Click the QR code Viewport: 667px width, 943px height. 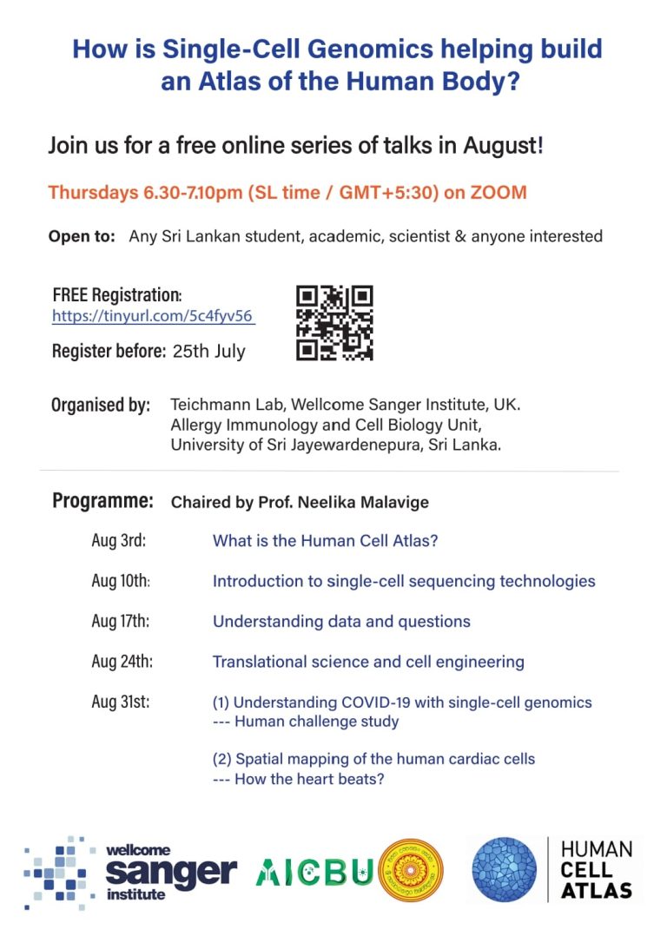[334, 323]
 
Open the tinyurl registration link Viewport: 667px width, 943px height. [153, 317]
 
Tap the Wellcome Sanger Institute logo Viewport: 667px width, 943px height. [130, 872]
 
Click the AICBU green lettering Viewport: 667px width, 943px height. [314, 872]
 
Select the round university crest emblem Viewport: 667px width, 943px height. [411, 870]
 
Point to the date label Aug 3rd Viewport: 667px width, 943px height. [118, 540]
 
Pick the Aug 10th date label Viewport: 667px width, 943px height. [121, 581]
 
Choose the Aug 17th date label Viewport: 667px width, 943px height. [121, 621]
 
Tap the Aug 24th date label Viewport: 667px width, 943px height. [122, 662]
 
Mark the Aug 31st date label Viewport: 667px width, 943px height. [120, 702]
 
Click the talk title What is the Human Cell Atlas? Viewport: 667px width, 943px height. [325, 541]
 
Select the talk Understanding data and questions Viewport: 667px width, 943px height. [341, 622]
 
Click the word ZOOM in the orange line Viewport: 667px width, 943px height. [499, 193]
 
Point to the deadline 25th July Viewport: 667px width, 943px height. [208, 352]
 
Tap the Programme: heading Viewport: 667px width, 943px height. [102, 501]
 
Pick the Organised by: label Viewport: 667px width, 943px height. [101, 405]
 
